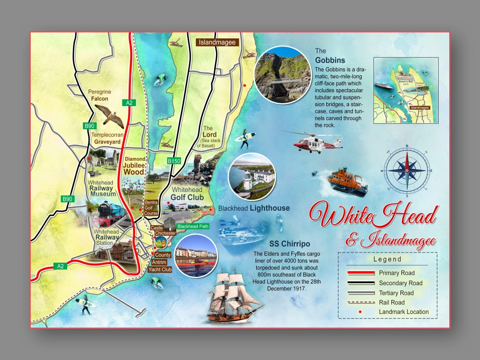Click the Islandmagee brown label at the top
218,42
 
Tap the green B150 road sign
174,161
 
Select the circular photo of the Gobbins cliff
281,75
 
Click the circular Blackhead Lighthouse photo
251,176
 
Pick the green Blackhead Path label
192,226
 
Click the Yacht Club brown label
160,269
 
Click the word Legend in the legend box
387,259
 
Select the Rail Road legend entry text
392,302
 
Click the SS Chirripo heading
289,243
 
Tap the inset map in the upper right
406,90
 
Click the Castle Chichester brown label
163,231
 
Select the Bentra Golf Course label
151,206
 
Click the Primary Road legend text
396,273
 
